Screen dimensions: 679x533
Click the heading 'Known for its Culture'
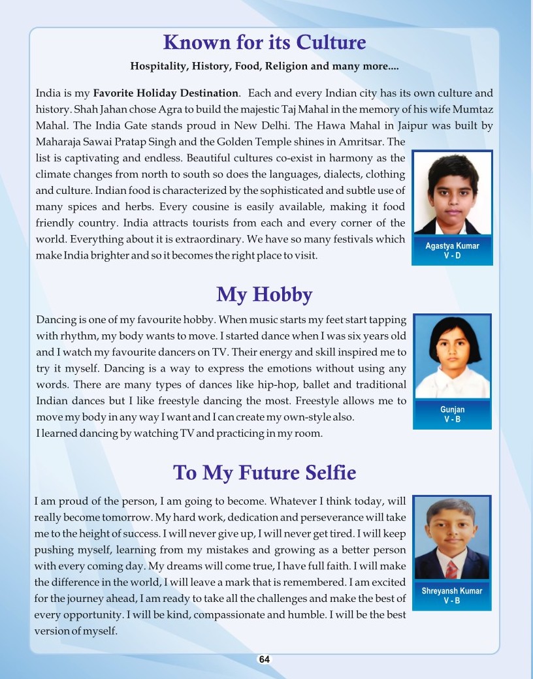click(264, 43)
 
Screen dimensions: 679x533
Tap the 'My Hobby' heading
click(264, 295)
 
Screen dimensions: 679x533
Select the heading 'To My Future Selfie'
click(264, 472)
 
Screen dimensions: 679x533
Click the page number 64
click(264, 659)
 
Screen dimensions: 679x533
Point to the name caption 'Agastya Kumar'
click(452, 246)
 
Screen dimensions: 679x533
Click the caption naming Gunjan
click(452, 409)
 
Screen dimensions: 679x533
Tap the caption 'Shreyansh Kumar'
click(452, 591)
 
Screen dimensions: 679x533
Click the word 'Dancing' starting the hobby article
click(56, 321)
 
